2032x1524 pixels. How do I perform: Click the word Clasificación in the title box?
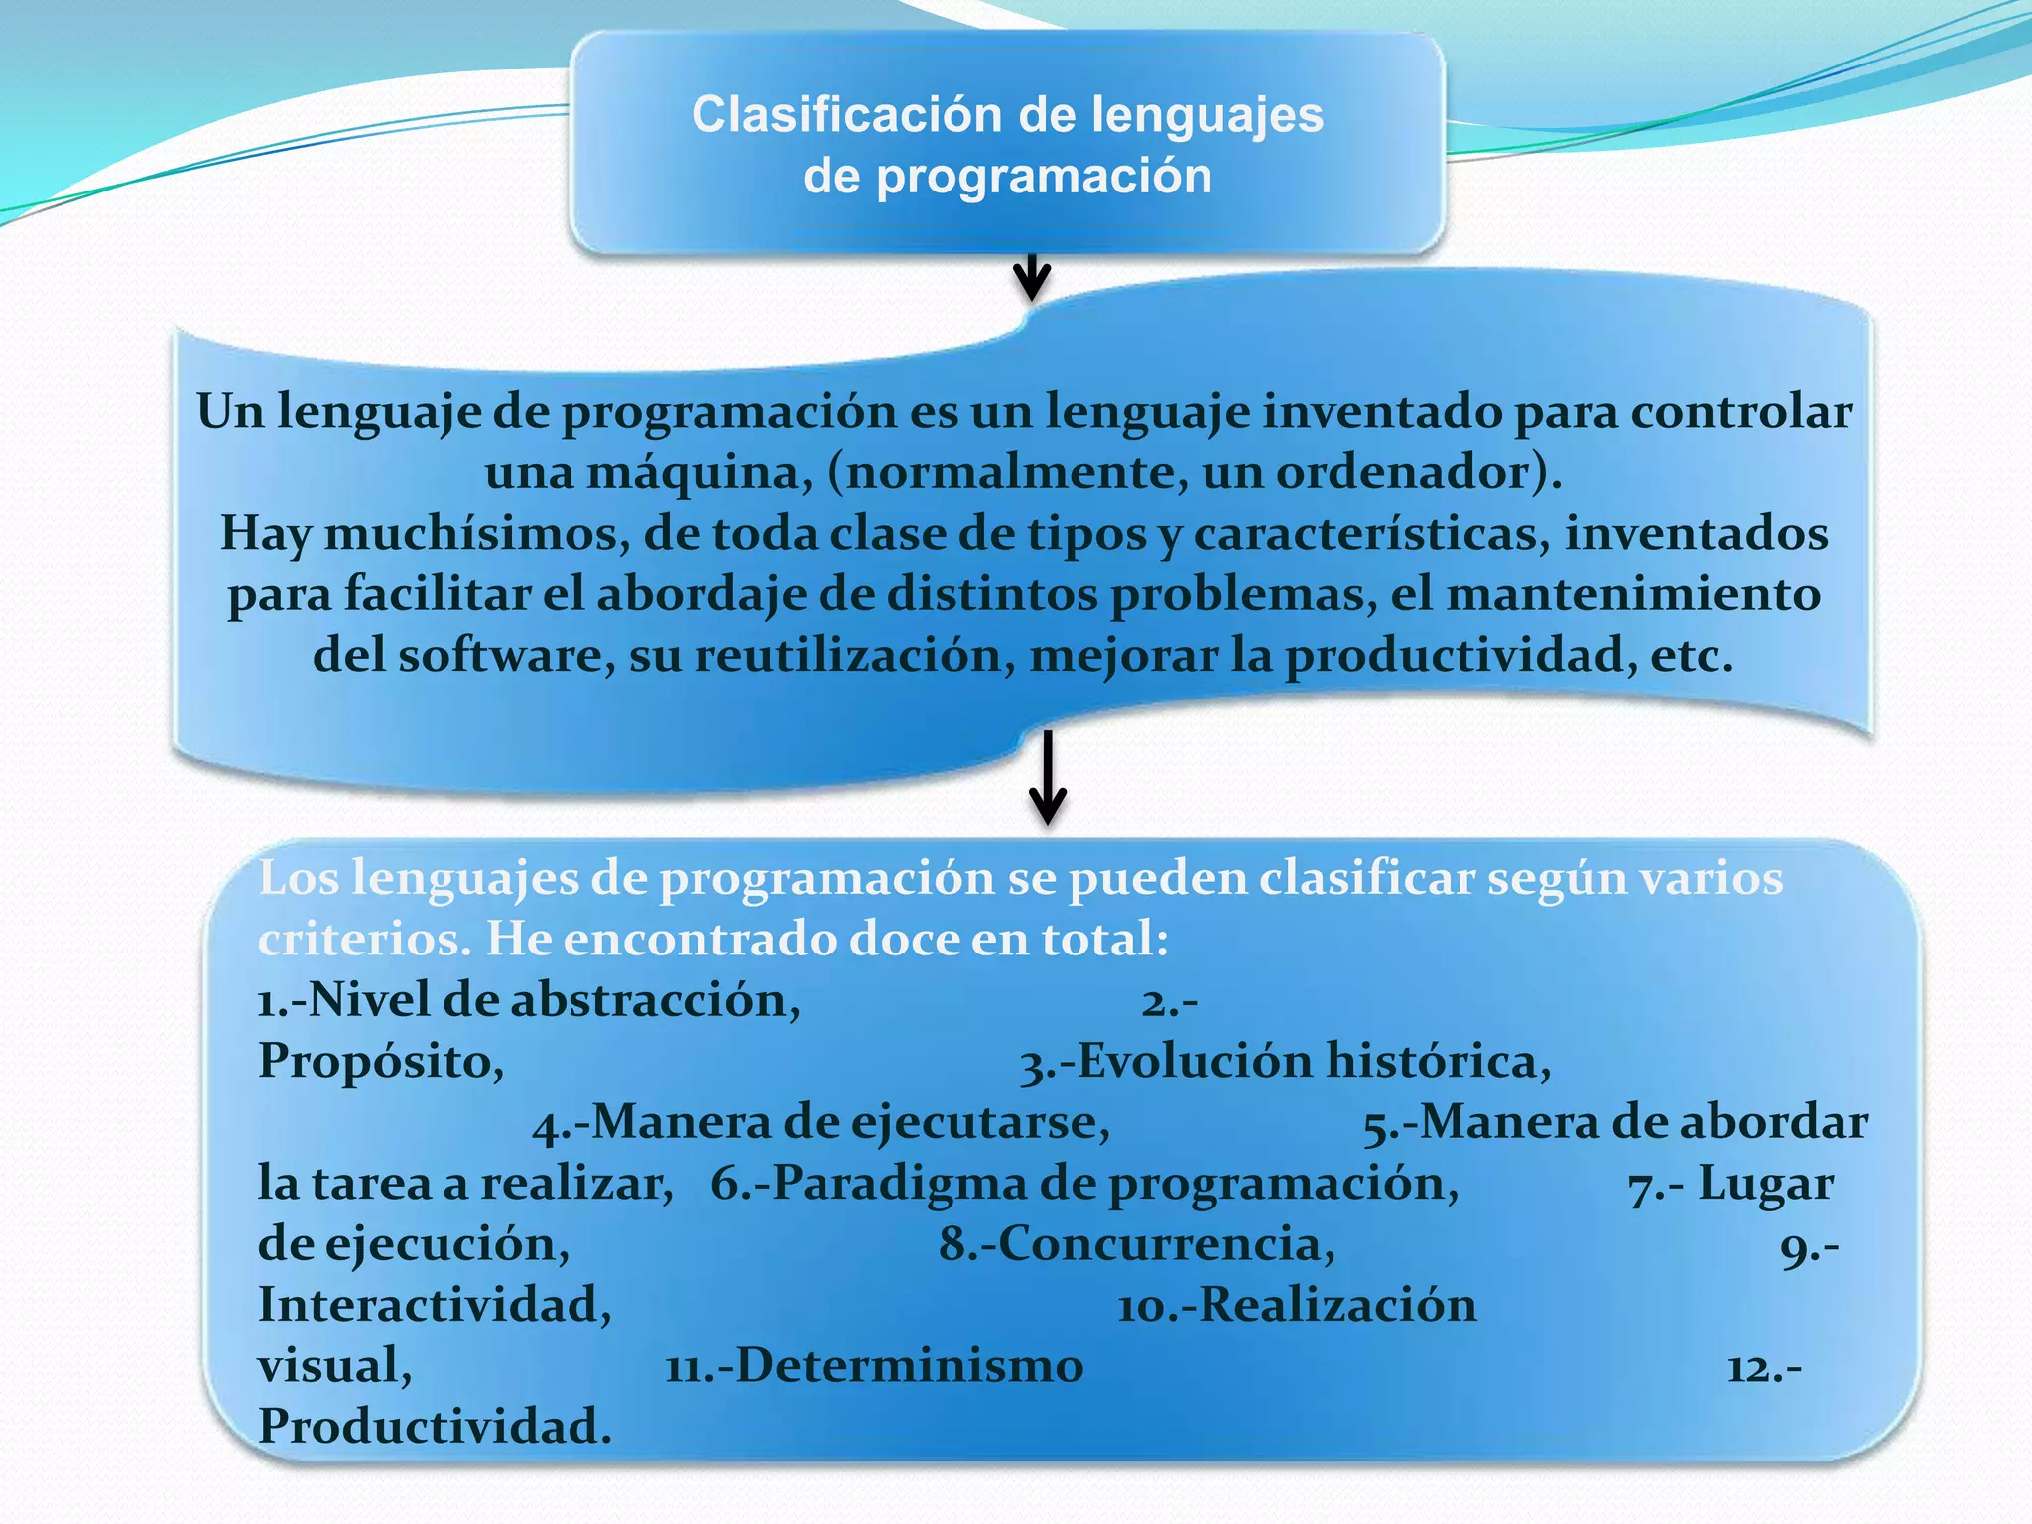[x=847, y=115]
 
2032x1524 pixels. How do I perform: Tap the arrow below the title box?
[x=1032, y=277]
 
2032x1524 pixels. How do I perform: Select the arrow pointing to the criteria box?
[x=1047, y=779]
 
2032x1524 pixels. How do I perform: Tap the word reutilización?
[x=853, y=656]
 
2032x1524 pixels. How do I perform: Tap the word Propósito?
[x=381, y=1062]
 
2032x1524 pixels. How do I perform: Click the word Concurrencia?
[x=1166, y=1244]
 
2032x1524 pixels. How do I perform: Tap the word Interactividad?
[x=435, y=1305]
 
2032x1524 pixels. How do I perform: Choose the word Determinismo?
[x=909, y=1366]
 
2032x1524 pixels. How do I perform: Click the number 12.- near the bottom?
[x=1764, y=1369]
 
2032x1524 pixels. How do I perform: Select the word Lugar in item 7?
[x=1765, y=1184]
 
